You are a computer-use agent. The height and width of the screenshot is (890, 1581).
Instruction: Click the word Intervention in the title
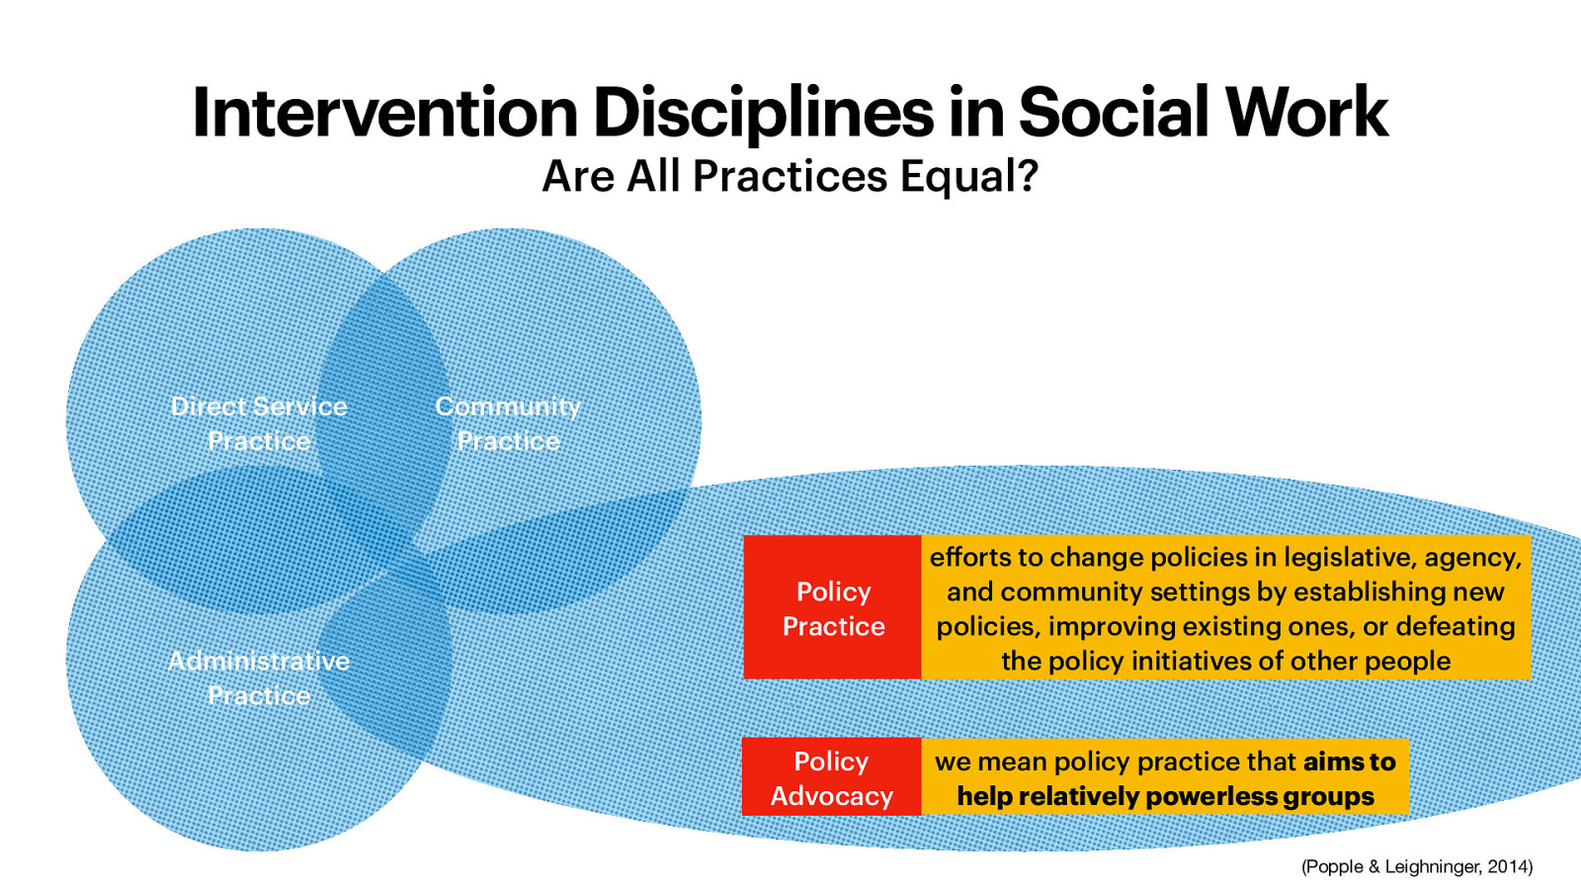(384, 112)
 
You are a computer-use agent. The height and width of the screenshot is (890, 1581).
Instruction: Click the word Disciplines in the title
(763, 112)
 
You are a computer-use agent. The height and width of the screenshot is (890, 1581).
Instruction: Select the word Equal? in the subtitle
(969, 177)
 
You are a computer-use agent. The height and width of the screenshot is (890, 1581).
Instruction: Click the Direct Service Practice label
(259, 423)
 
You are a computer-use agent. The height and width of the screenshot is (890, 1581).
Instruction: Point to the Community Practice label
(508, 423)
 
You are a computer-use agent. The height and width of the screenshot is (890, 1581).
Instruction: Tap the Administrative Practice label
(259, 677)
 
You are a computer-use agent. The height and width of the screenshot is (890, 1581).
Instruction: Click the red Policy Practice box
(832, 608)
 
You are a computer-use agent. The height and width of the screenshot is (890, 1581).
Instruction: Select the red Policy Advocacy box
(831, 778)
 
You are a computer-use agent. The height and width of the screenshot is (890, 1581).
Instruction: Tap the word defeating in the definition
(1455, 627)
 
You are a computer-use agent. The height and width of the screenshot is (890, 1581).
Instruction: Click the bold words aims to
(1349, 761)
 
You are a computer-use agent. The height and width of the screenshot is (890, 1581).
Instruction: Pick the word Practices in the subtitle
(790, 177)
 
